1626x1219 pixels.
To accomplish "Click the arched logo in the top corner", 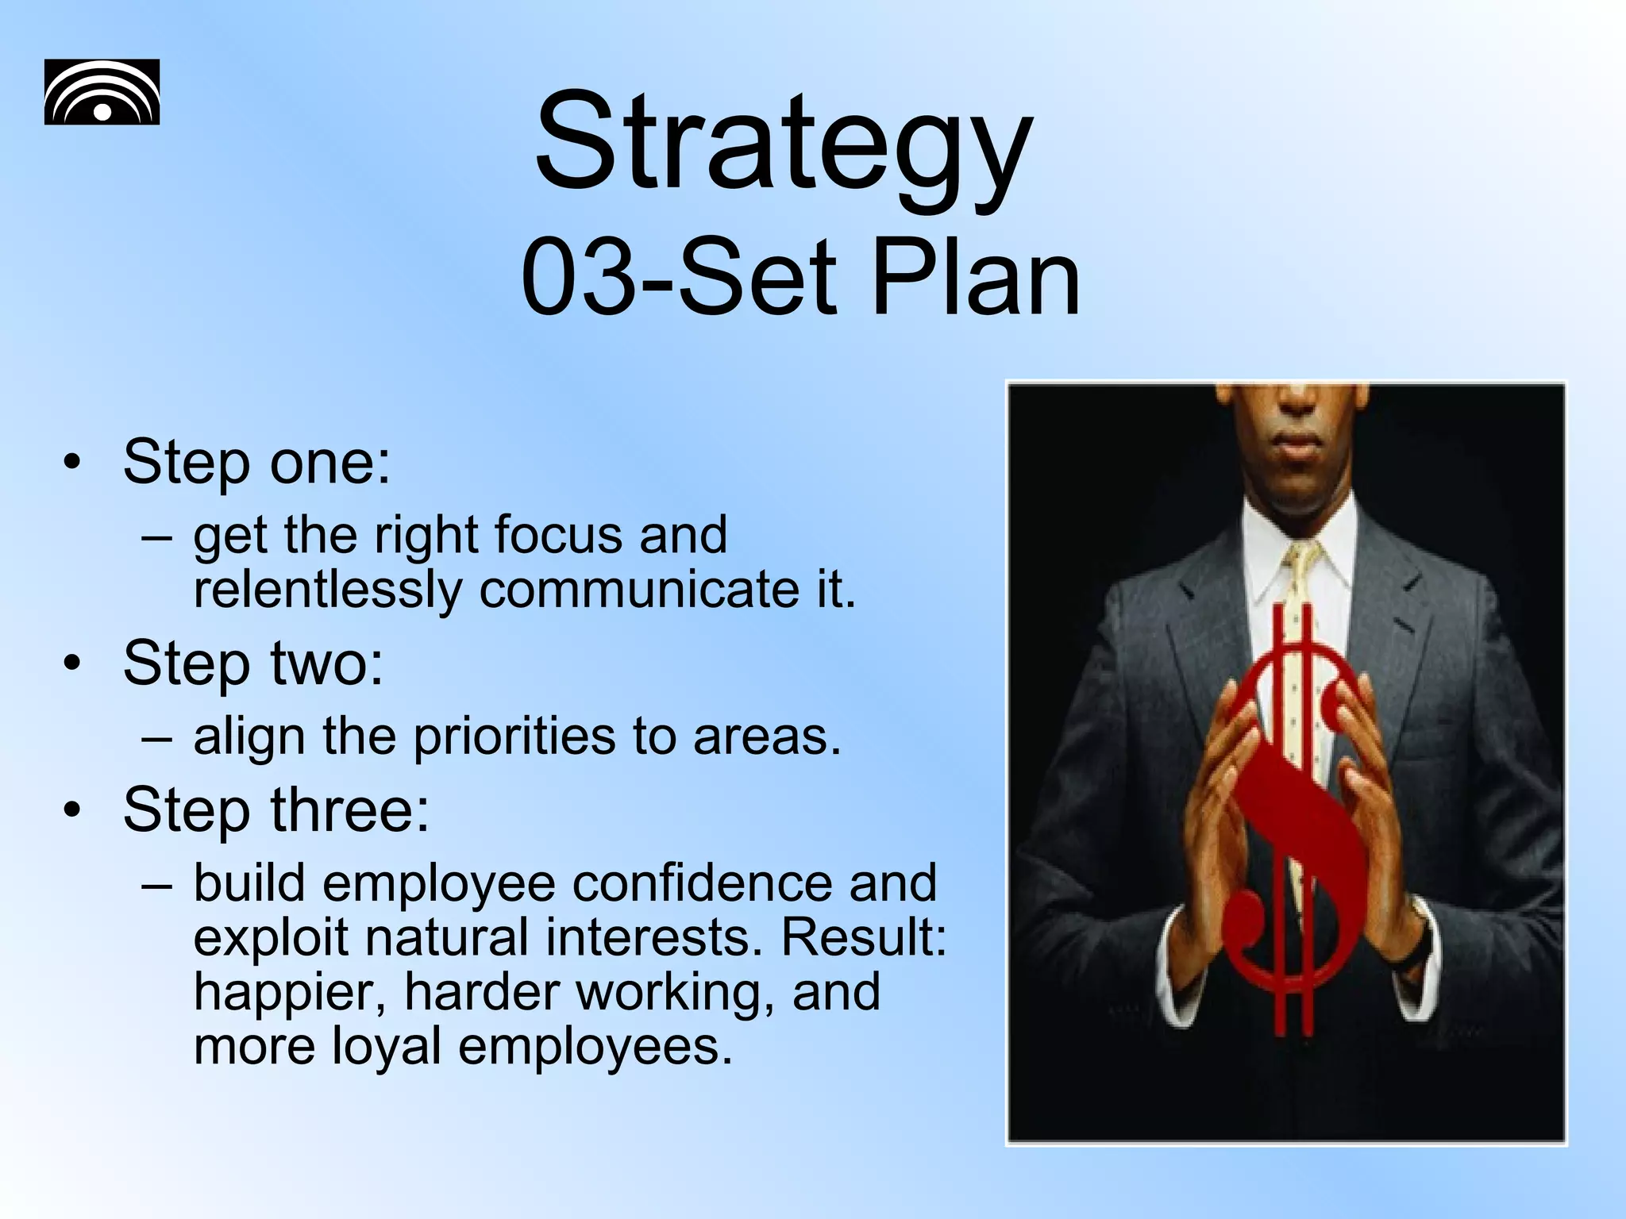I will pos(102,92).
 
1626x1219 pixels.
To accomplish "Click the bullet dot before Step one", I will pos(73,463).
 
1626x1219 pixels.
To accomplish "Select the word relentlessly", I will pos(327,590).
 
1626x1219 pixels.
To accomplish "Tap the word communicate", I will pos(639,590).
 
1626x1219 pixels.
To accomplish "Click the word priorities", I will pos(514,736).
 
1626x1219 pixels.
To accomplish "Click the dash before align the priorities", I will pos(157,736).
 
